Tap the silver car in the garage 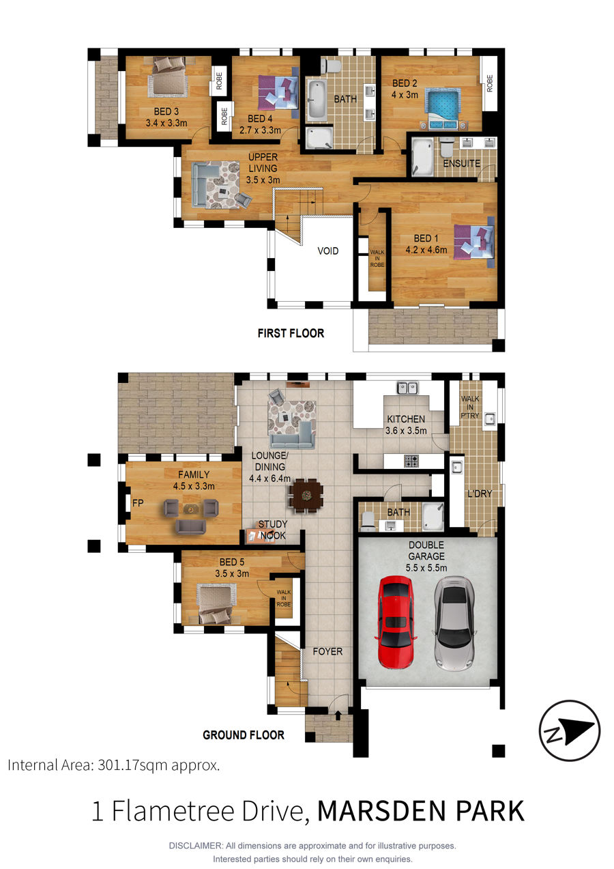pyautogui.click(x=454, y=623)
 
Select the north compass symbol pyautogui.click(x=570, y=730)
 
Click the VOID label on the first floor pyautogui.click(x=328, y=251)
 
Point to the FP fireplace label pyautogui.click(x=138, y=503)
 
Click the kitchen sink pyautogui.click(x=407, y=388)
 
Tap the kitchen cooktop pyautogui.click(x=411, y=461)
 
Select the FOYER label pyautogui.click(x=327, y=651)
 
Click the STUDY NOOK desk pyautogui.click(x=261, y=536)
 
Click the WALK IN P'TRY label pyautogui.click(x=470, y=407)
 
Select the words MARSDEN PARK pyautogui.click(x=420, y=811)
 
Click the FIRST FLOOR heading pyautogui.click(x=291, y=333)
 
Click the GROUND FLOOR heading pyautogui.click(x=244, y=735)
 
